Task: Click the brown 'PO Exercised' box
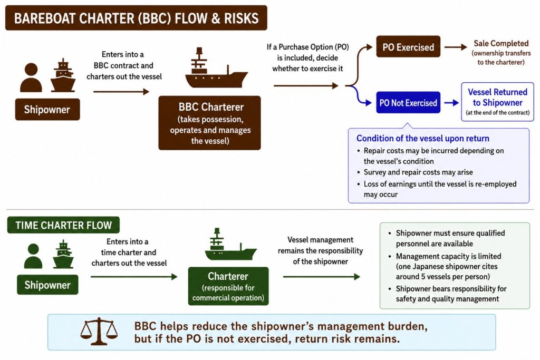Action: pos(408,46)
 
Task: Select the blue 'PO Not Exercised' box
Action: pos(408,103)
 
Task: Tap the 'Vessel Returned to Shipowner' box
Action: pos(498,102)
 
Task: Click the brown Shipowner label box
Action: pos(47,110)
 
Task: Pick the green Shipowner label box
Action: pos(47,285)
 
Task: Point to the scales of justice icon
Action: pos(99,331)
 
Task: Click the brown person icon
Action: pos(31,77)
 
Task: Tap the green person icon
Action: pos(33,256)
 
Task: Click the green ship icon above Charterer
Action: pos(230,244)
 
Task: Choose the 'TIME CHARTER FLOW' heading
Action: pos(63,225)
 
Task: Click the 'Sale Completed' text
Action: pos(501,43)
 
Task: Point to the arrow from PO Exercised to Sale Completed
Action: pos(455,47)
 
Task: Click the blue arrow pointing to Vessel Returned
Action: pos(451,103)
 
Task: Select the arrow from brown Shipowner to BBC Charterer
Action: pos(121,92)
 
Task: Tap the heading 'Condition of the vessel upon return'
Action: pos(423,138)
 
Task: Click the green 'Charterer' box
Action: pos(228,286)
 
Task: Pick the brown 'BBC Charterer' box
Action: pos(209,123)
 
